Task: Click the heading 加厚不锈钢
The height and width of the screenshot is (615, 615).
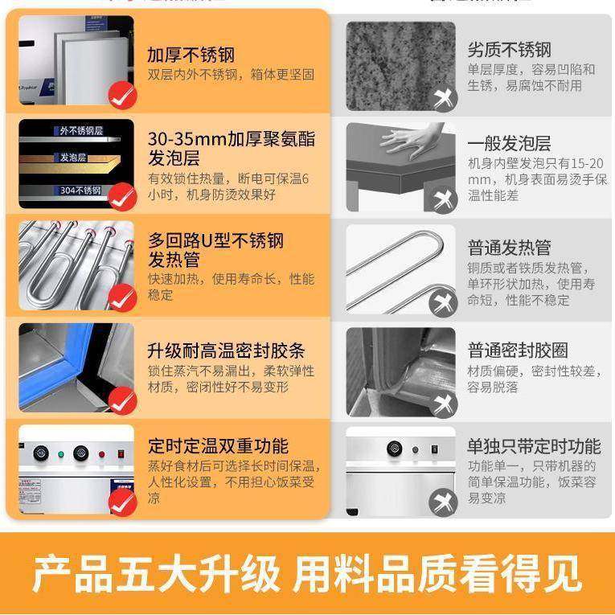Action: (x=191, y=55)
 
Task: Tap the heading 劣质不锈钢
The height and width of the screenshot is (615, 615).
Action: (x=509, y=51)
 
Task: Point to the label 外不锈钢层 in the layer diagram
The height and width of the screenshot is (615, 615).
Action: (x=80, y=130)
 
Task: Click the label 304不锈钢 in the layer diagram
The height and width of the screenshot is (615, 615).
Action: (x=80, y=191)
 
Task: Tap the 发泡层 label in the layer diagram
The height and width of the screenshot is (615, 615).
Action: (x=72, y=158)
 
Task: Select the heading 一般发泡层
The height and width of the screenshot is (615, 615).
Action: (x=509, y=144)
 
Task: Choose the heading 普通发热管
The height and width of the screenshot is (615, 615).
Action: (x=509, y=248)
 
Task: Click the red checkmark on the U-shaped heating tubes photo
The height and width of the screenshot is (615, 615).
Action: (x=122, y=299)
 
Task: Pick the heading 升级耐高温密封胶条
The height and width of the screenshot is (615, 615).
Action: (x=226, y=351)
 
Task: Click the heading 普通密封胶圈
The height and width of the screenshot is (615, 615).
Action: (x=518, y=351)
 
